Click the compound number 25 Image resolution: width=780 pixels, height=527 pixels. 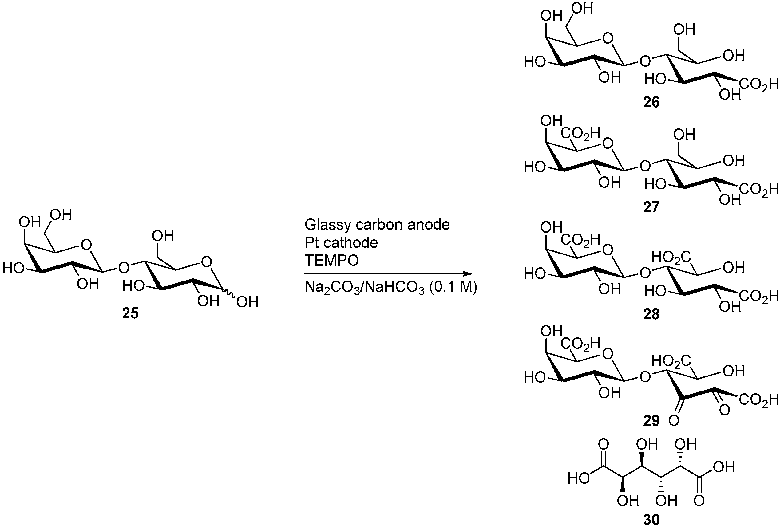point(130,313)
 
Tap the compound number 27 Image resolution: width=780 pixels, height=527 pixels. point(651,207)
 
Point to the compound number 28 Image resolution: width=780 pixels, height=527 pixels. point(651,314)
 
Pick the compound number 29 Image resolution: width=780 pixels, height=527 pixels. point(651,420)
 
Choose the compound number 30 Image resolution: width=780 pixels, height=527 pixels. point(651,520)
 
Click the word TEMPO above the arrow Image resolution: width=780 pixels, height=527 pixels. point(332,260)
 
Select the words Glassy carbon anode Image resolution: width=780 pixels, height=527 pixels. point(377,224)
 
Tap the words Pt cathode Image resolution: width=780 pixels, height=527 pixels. point(341,242)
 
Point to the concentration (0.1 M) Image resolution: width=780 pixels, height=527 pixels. point(451,287)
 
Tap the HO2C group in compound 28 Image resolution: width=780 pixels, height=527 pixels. point(671,258)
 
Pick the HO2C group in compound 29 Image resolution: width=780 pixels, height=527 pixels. point(671,361)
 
